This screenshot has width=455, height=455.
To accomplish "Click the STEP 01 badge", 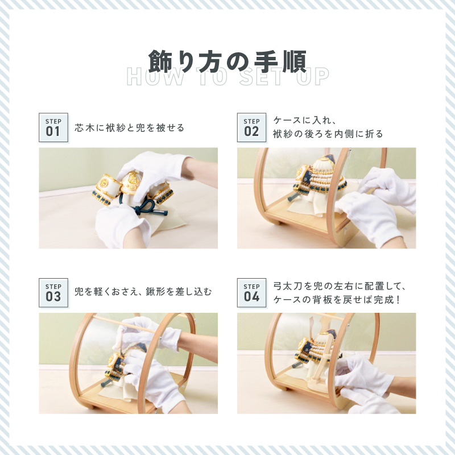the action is click(53, 127).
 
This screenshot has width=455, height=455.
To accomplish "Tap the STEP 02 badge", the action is click(251, 127).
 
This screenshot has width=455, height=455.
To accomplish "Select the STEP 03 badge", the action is click(53, 292).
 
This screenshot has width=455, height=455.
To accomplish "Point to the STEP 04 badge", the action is click(251, 292).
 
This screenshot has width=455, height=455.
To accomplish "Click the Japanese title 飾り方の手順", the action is click(227, 61).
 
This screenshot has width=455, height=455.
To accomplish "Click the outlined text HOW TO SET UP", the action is click(228, 77).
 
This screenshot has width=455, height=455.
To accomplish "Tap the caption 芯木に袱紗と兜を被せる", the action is click(130, 127).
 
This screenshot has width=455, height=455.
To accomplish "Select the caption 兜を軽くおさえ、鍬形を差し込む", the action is click(143, 292).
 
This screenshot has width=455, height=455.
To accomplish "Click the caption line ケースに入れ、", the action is click(305, 120).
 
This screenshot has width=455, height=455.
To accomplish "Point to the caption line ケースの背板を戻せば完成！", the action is click(337, 300).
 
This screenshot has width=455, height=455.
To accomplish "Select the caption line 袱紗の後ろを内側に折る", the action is click(328, 134).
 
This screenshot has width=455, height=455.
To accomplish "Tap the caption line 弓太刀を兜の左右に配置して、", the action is click(340, 286).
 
